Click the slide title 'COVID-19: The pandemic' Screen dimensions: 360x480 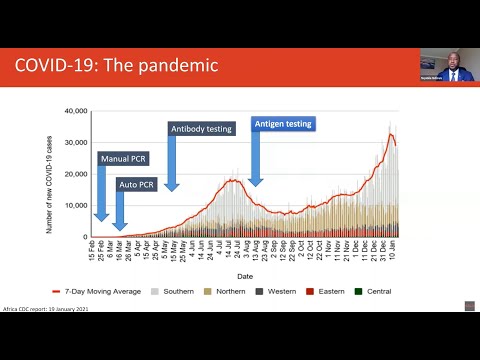click(116, 66)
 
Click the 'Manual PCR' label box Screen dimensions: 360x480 click(124, 158)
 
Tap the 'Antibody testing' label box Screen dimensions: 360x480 click(200, 127)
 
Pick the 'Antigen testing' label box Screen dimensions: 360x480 click(283, 124)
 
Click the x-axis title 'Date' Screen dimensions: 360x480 click(244, 276)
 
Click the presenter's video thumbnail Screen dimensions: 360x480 click(447, 66)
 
